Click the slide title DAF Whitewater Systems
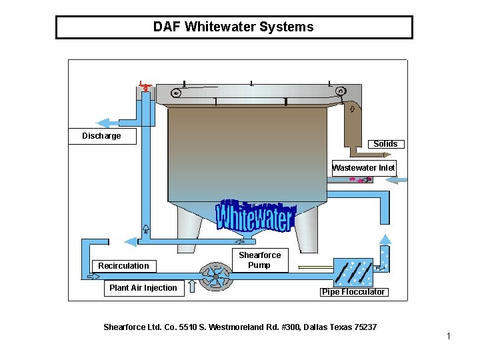coord(233,27)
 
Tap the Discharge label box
coord(102,136)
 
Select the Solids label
coord(385,144)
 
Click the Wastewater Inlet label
coord(363,168)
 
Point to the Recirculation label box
coord(124,266)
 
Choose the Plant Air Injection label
coord(143,288)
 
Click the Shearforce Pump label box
coord(259,261)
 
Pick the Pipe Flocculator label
coord(353,292)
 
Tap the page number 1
coord(449,336)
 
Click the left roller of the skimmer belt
coord(175,93)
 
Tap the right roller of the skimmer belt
coord(340,91)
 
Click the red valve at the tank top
coord(145,86)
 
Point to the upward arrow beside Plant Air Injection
coord(192,287)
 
